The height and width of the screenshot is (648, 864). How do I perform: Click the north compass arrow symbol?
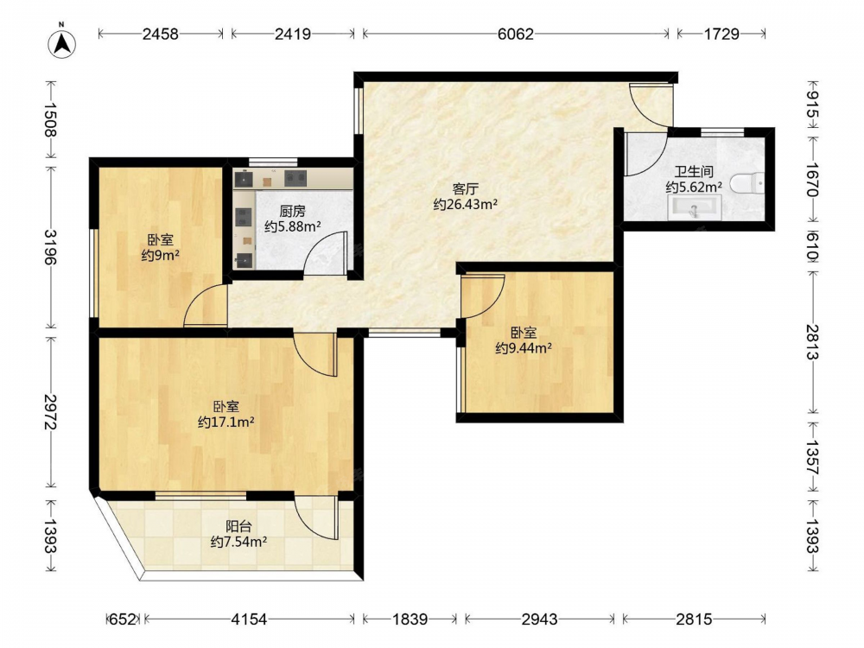(61, 43)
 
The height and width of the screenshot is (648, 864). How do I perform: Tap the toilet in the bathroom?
(747, 183)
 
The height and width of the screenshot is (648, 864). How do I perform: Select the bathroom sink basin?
(695, 207)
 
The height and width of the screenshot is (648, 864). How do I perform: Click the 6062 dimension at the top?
(516, 35)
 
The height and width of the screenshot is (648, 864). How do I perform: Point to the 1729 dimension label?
(721, 35)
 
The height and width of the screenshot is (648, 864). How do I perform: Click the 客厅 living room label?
(466, 189)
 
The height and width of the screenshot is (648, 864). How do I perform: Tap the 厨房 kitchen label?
(293, 211)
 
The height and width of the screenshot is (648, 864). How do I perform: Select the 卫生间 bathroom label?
(694, 172)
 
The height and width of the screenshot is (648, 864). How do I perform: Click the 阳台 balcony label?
(238, 526)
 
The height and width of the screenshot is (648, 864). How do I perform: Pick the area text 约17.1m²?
(226, 422)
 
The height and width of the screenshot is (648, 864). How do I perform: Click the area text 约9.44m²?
(524, 348)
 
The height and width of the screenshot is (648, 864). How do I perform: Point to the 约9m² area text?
(161, 256)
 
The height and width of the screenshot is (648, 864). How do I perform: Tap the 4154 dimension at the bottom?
(249, 619)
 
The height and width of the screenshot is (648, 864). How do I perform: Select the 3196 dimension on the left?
(51, 247)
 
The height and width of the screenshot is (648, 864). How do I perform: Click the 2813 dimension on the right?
(812, 341)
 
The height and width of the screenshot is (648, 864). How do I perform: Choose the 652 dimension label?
(123, 619)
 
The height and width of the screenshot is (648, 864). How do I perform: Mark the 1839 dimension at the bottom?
(410, 619)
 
